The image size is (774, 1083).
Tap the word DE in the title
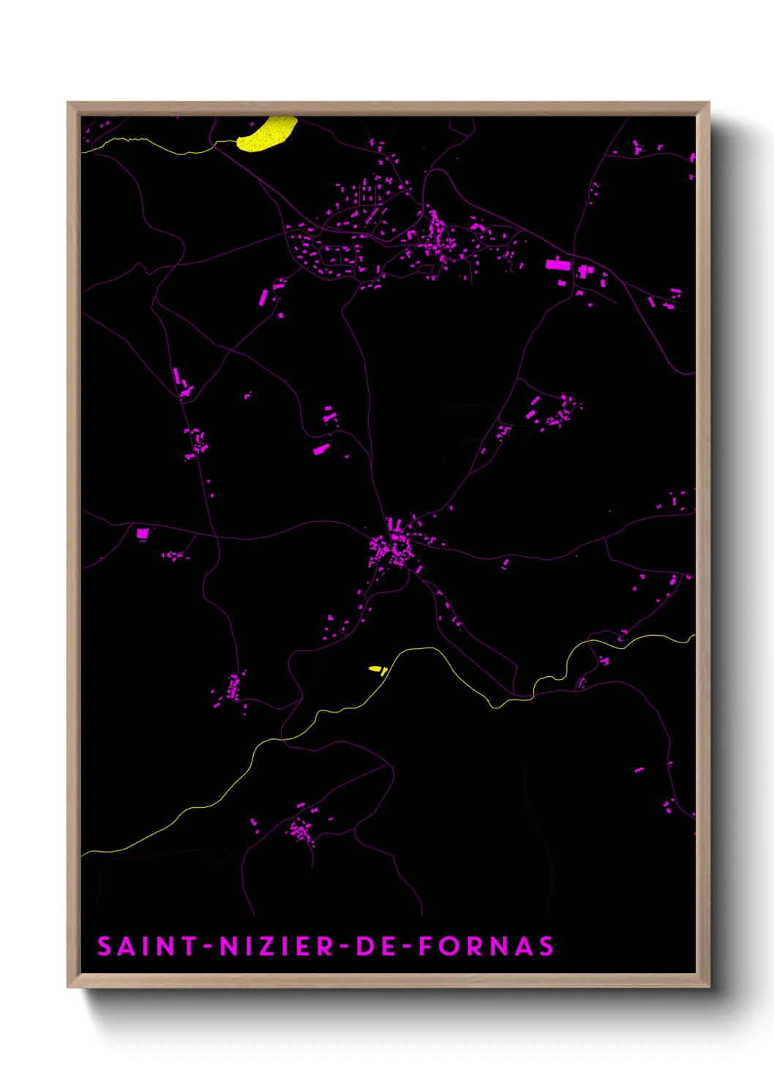click(375, 946)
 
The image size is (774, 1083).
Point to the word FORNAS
click(486, 946)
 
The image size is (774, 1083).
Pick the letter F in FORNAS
click(425, 946)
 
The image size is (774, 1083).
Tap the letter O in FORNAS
click(448, 946)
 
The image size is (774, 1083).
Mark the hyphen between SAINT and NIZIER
click(208, 946)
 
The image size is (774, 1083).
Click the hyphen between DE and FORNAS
click(407, 946)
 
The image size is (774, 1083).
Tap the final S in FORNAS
click(546, 946)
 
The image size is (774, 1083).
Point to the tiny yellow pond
click(375, 669)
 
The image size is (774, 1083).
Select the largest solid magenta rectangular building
click(557, 265)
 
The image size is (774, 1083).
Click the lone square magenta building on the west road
click(143, 533)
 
